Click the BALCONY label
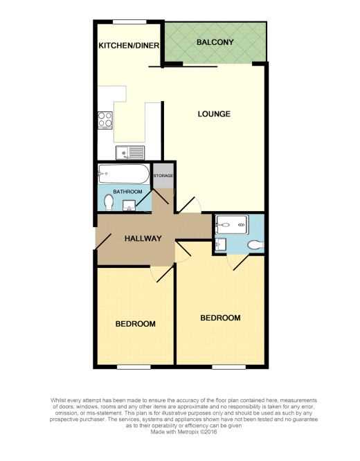(x=215, y=42)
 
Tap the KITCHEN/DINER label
(x=129, y=46)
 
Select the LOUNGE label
(x=214, y=114)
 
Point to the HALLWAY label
(x=143, y=238)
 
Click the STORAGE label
(x=163, y=176)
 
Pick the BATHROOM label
(x=127, y=192)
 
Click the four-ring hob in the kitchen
(x=105, y=120)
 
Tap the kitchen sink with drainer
(x=130, y=152)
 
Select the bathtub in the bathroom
(x=123, y=174)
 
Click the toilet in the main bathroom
(x=109, y=203)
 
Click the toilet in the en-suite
(x=256, y=245)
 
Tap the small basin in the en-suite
(x=221, y=244)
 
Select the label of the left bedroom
(x=136, y=324)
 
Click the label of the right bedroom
(x=220, y=318)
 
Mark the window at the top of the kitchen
(x=129, y=22)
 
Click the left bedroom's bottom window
(x=134, y=367)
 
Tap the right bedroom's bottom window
(x=229, y=367)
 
